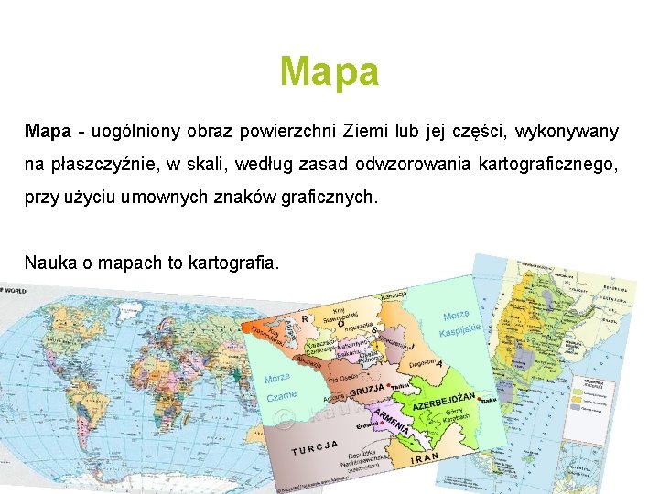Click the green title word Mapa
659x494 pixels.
point(329,71)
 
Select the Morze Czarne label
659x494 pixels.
point(278,388)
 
